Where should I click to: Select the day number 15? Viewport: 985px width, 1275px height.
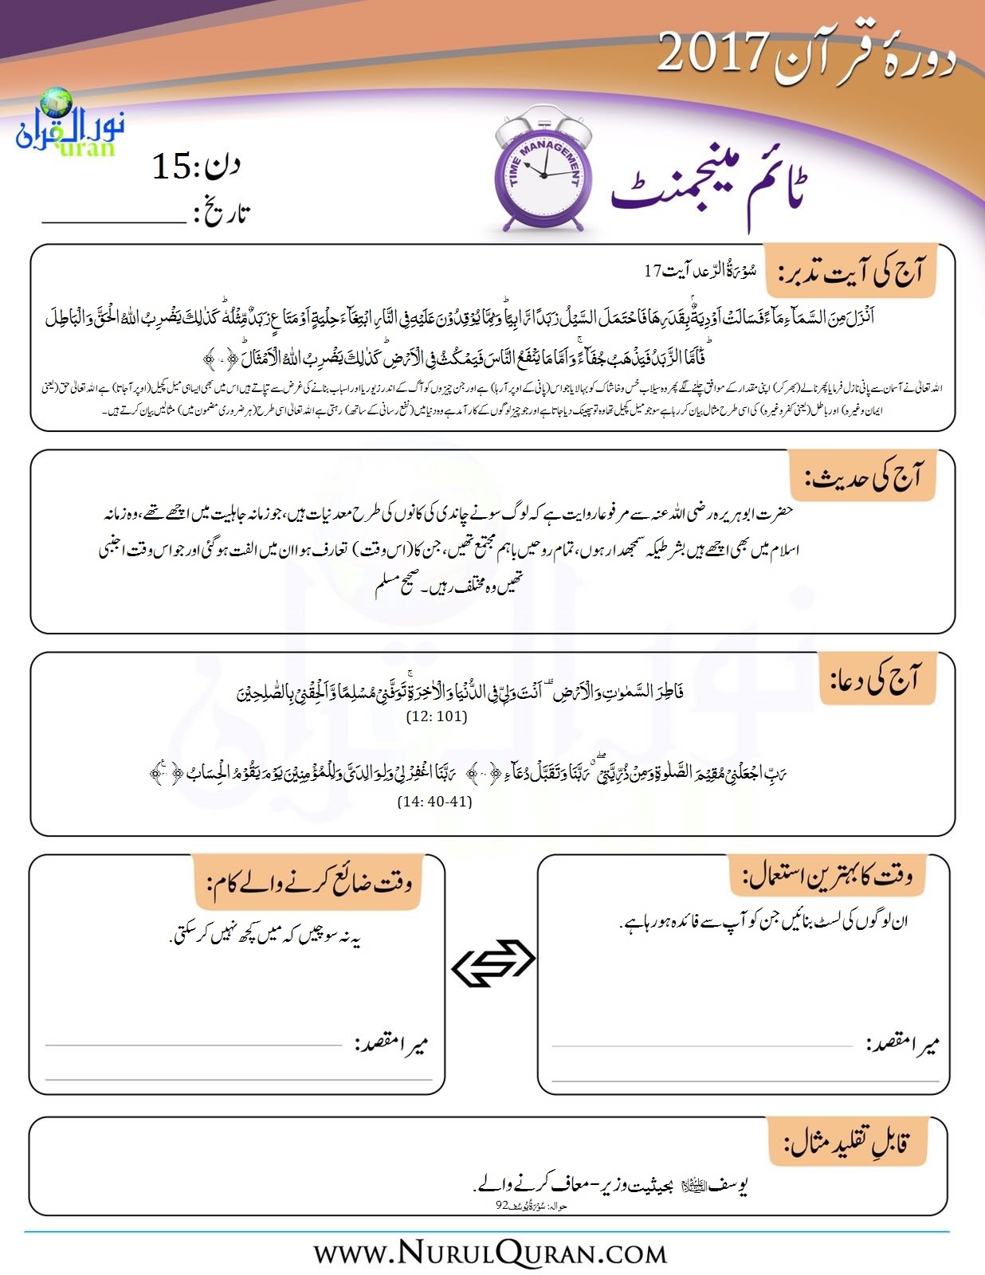pyautogui.click(x=171, y=167)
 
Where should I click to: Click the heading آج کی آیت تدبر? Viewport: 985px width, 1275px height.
pyautogui.click(x=850, y=273)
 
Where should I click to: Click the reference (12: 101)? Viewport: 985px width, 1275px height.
pyautogui.click(x=437, y=716)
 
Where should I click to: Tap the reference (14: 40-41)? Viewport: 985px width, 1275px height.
pyautogui.click(x=434, y=802)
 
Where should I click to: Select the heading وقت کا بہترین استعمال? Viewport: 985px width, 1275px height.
pyautogui.click(x=828, y=877)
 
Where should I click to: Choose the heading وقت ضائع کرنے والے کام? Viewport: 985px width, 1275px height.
pyautogui.click(x=310, y=883)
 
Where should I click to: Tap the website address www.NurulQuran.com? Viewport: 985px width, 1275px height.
pyautogui.click(x=490, y=1253)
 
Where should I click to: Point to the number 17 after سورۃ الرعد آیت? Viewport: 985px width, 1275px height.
pyautogui.click(x=653, y=271)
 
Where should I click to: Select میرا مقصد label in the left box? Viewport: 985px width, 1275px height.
pyautogui.click(x=391, y=1044)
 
